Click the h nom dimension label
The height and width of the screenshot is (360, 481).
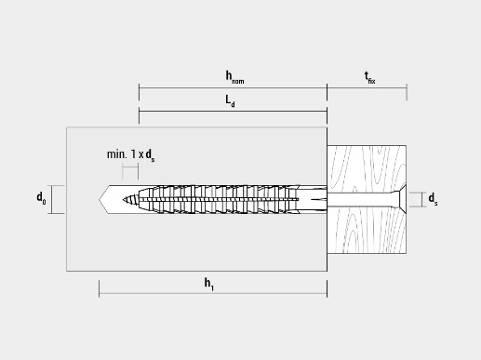[x=234, y=77]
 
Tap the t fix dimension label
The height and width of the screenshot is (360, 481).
[x=369, y=77]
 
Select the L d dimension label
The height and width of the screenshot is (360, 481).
[x=230, y=101]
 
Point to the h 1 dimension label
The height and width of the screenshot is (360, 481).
[x=208, y=284]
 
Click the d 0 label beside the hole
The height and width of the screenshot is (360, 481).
[x=41, y=198]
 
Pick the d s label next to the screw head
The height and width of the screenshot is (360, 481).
[x=433, y=199]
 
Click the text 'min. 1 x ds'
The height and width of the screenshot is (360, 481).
[x=130, y=155]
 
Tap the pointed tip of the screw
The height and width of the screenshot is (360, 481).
[x=124, y=200]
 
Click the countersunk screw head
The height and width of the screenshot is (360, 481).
[x=399, y=199]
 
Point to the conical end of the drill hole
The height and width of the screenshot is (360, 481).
[x=104, y=200]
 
